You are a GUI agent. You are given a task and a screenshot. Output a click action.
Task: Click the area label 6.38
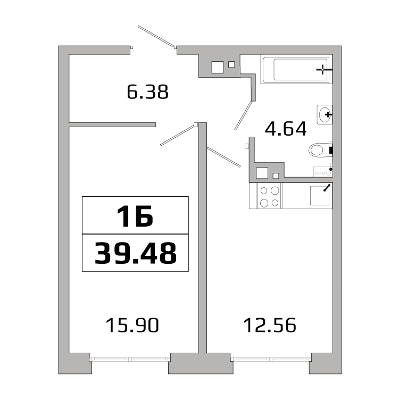point(147,92)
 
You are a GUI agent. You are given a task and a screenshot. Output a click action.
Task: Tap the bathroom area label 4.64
point(286,129)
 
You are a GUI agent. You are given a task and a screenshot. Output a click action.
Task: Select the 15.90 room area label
point(132,325)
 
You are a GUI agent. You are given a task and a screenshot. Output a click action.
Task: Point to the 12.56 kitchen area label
point(270,325)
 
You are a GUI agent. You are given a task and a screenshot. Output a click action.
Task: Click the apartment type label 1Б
point(135,216)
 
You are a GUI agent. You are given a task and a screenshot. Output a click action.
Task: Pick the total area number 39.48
point(135,253)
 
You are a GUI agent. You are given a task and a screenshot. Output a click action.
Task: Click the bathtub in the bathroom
point(296,69)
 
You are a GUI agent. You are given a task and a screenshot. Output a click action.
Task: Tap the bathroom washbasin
point(325,114)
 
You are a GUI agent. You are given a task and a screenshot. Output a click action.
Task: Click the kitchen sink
point(320,195)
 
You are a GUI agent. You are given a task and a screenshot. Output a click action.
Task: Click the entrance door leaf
point(156,37)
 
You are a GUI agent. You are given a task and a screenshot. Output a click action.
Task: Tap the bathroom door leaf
point(244,115)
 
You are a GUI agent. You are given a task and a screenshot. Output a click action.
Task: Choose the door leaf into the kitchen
point(223,157)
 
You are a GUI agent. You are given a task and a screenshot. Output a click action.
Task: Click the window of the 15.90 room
point(130,359)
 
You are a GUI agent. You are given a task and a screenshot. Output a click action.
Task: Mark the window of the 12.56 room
point(271,359)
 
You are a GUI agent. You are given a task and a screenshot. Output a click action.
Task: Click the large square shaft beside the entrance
point(218,67)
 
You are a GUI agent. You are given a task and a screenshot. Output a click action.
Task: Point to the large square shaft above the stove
point(262,173)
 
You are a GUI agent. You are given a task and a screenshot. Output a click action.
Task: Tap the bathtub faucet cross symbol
point(322,70)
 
